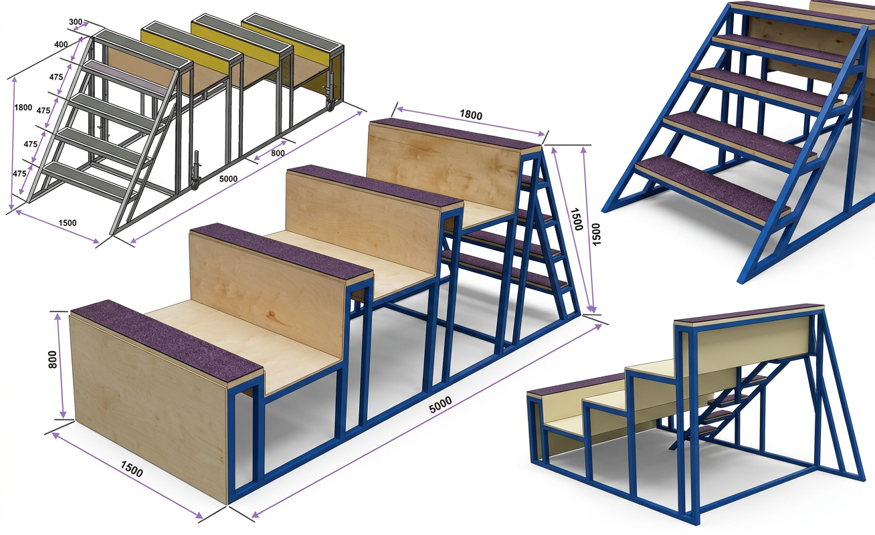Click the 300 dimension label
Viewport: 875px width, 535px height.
tap(76, 22)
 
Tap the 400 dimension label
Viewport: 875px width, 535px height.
tap(61, 45)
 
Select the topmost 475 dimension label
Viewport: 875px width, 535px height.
tap(56, 77)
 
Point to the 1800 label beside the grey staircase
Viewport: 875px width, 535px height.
tap(23, 108)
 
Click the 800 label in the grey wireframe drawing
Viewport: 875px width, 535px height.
tap(278, 153)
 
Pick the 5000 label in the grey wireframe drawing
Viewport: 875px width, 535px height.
tap(228, 179)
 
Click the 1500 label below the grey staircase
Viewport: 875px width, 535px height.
tap(67, 223)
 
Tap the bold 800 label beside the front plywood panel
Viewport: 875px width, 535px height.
tap(52, 359)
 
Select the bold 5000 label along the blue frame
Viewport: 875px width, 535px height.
tap(440, 405)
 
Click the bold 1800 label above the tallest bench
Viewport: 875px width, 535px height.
tap(471, 114)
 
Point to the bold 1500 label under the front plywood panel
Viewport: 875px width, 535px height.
tap(131, 469)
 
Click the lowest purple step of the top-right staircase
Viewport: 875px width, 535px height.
tap(713, 189)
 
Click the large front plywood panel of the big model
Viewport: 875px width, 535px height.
tap(149, 406)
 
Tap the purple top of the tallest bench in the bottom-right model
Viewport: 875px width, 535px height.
tap(749, 314)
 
